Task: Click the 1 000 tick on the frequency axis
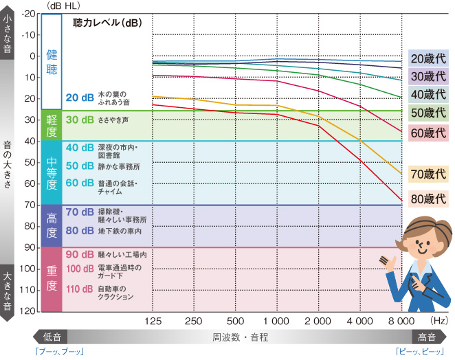276,322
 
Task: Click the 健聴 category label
52,61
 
